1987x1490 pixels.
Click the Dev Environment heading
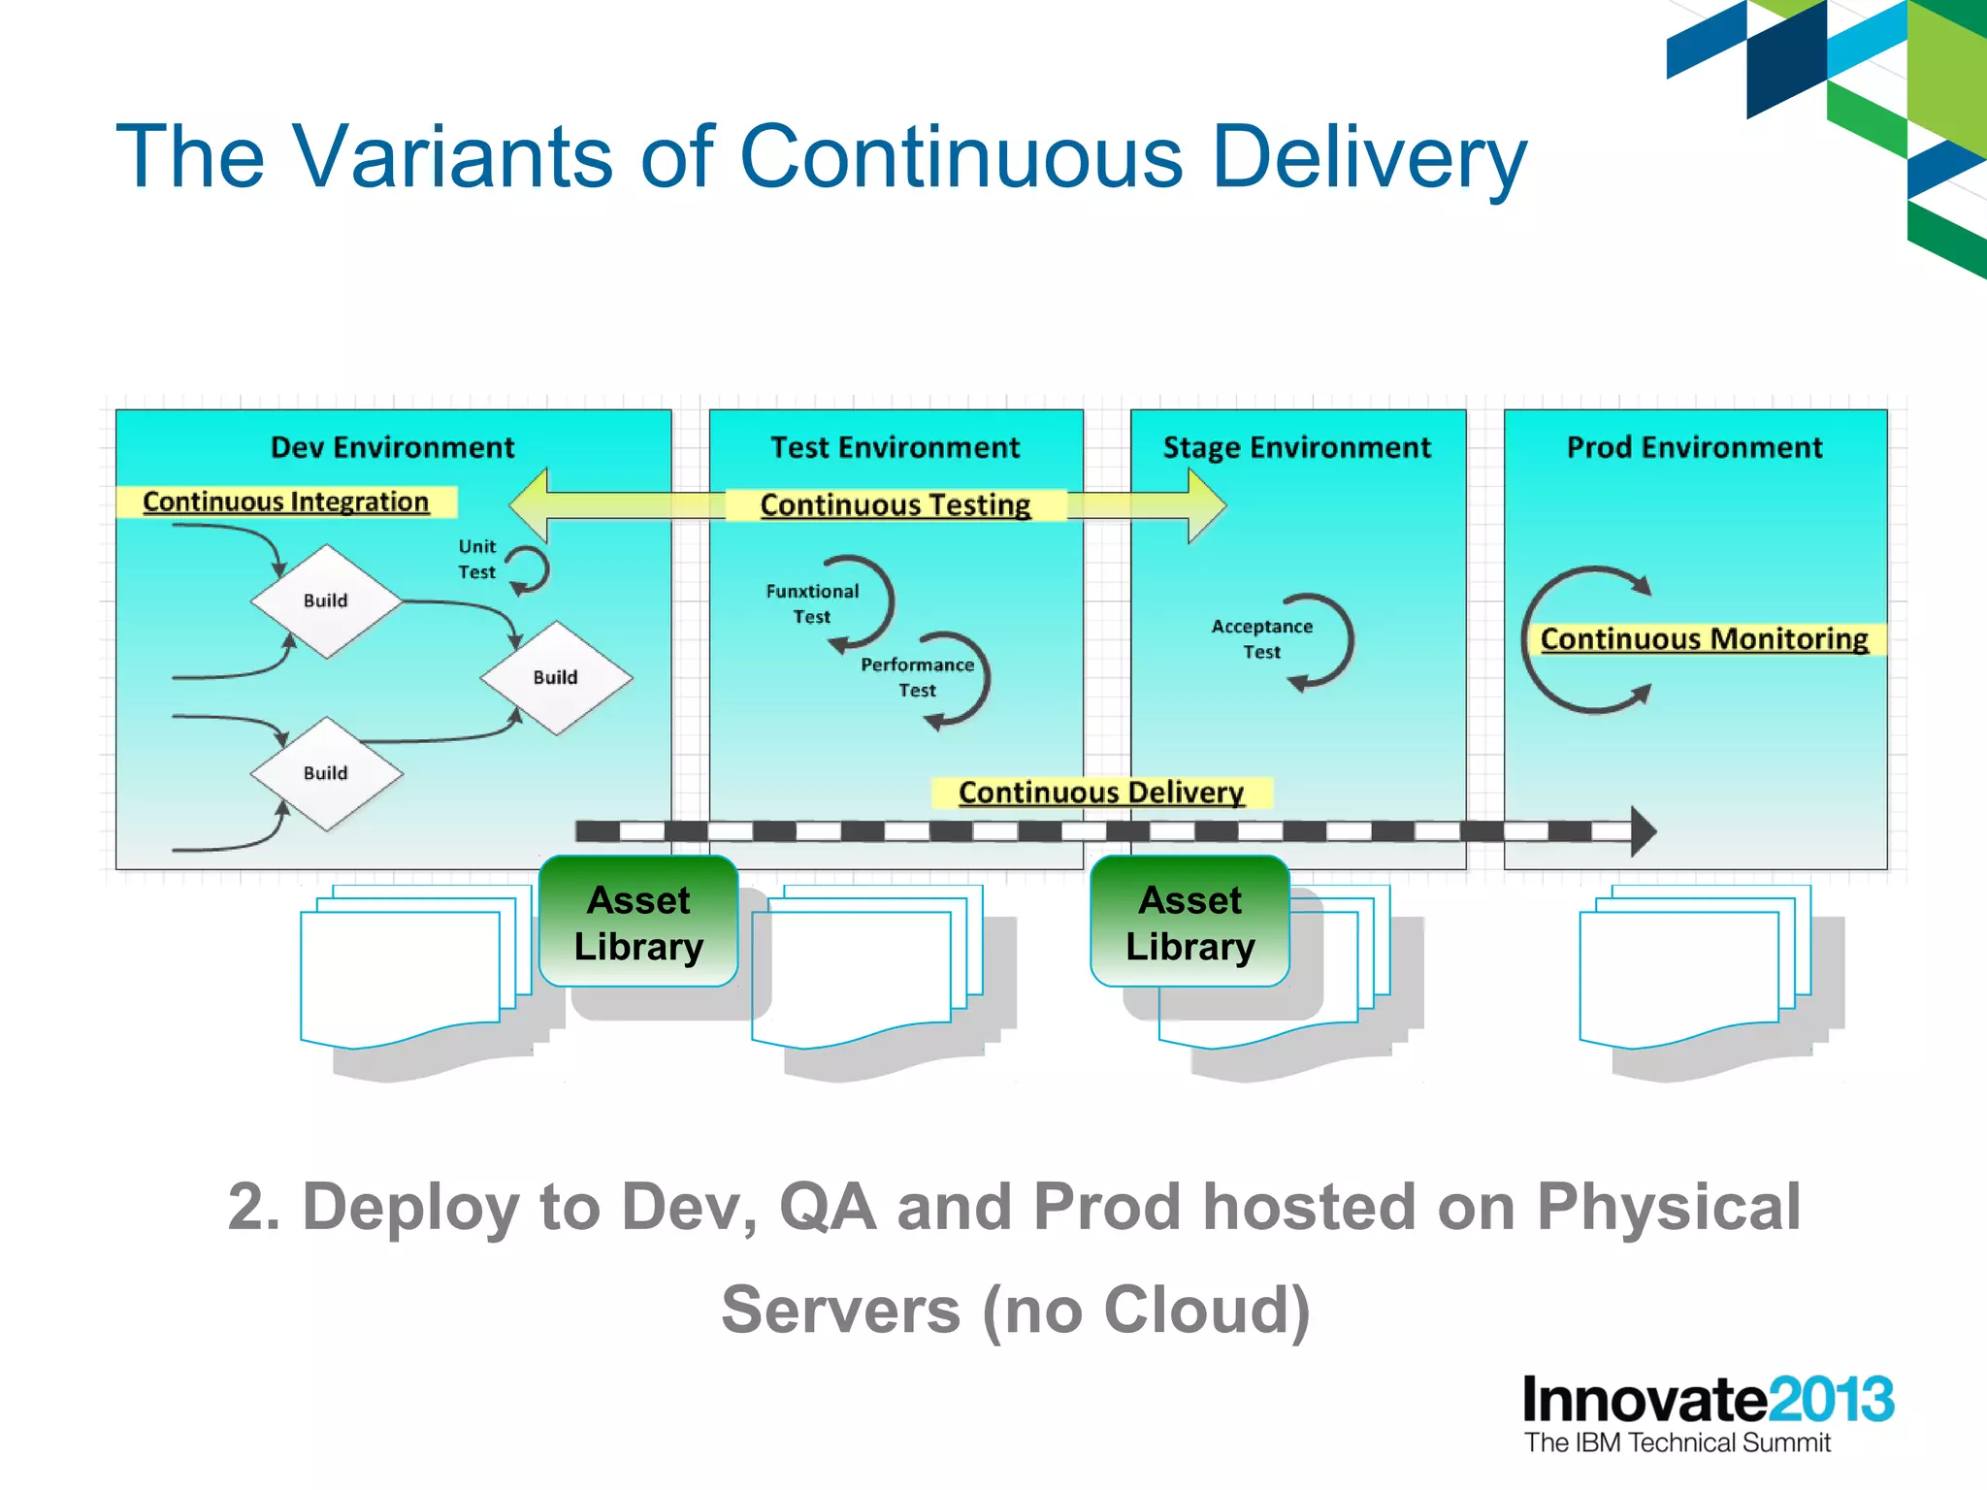(x=392, y=447)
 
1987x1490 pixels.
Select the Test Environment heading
(x=895, y=447)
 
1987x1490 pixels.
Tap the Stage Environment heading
(x=1296, y=447)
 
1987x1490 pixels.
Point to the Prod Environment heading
(x=1694, y=447)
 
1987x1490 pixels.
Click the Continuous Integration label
(x=285, y=502)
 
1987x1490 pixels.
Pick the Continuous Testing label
(x=895, y=504)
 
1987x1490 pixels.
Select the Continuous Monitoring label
(x=1704, y=638)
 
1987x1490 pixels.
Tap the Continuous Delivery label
(x=1100, y=792)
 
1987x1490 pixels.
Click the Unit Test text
(x=476, y=559)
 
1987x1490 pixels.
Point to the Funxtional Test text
(x=812, y=603)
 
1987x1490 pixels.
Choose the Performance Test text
(x=917, y=677)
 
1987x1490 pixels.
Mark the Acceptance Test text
(x=1261, y=638)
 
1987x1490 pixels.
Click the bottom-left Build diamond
(x=326, y=773)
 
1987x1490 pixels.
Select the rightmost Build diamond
(x=555, y=677)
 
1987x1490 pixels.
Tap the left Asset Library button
(x=638, y=922)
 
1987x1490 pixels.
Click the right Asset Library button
(x=1189, y=922)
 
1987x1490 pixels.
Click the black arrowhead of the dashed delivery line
(x=1642, y=831)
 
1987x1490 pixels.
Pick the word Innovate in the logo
(x=1644, y=1400)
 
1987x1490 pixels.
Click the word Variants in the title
(x=453, y=157)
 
